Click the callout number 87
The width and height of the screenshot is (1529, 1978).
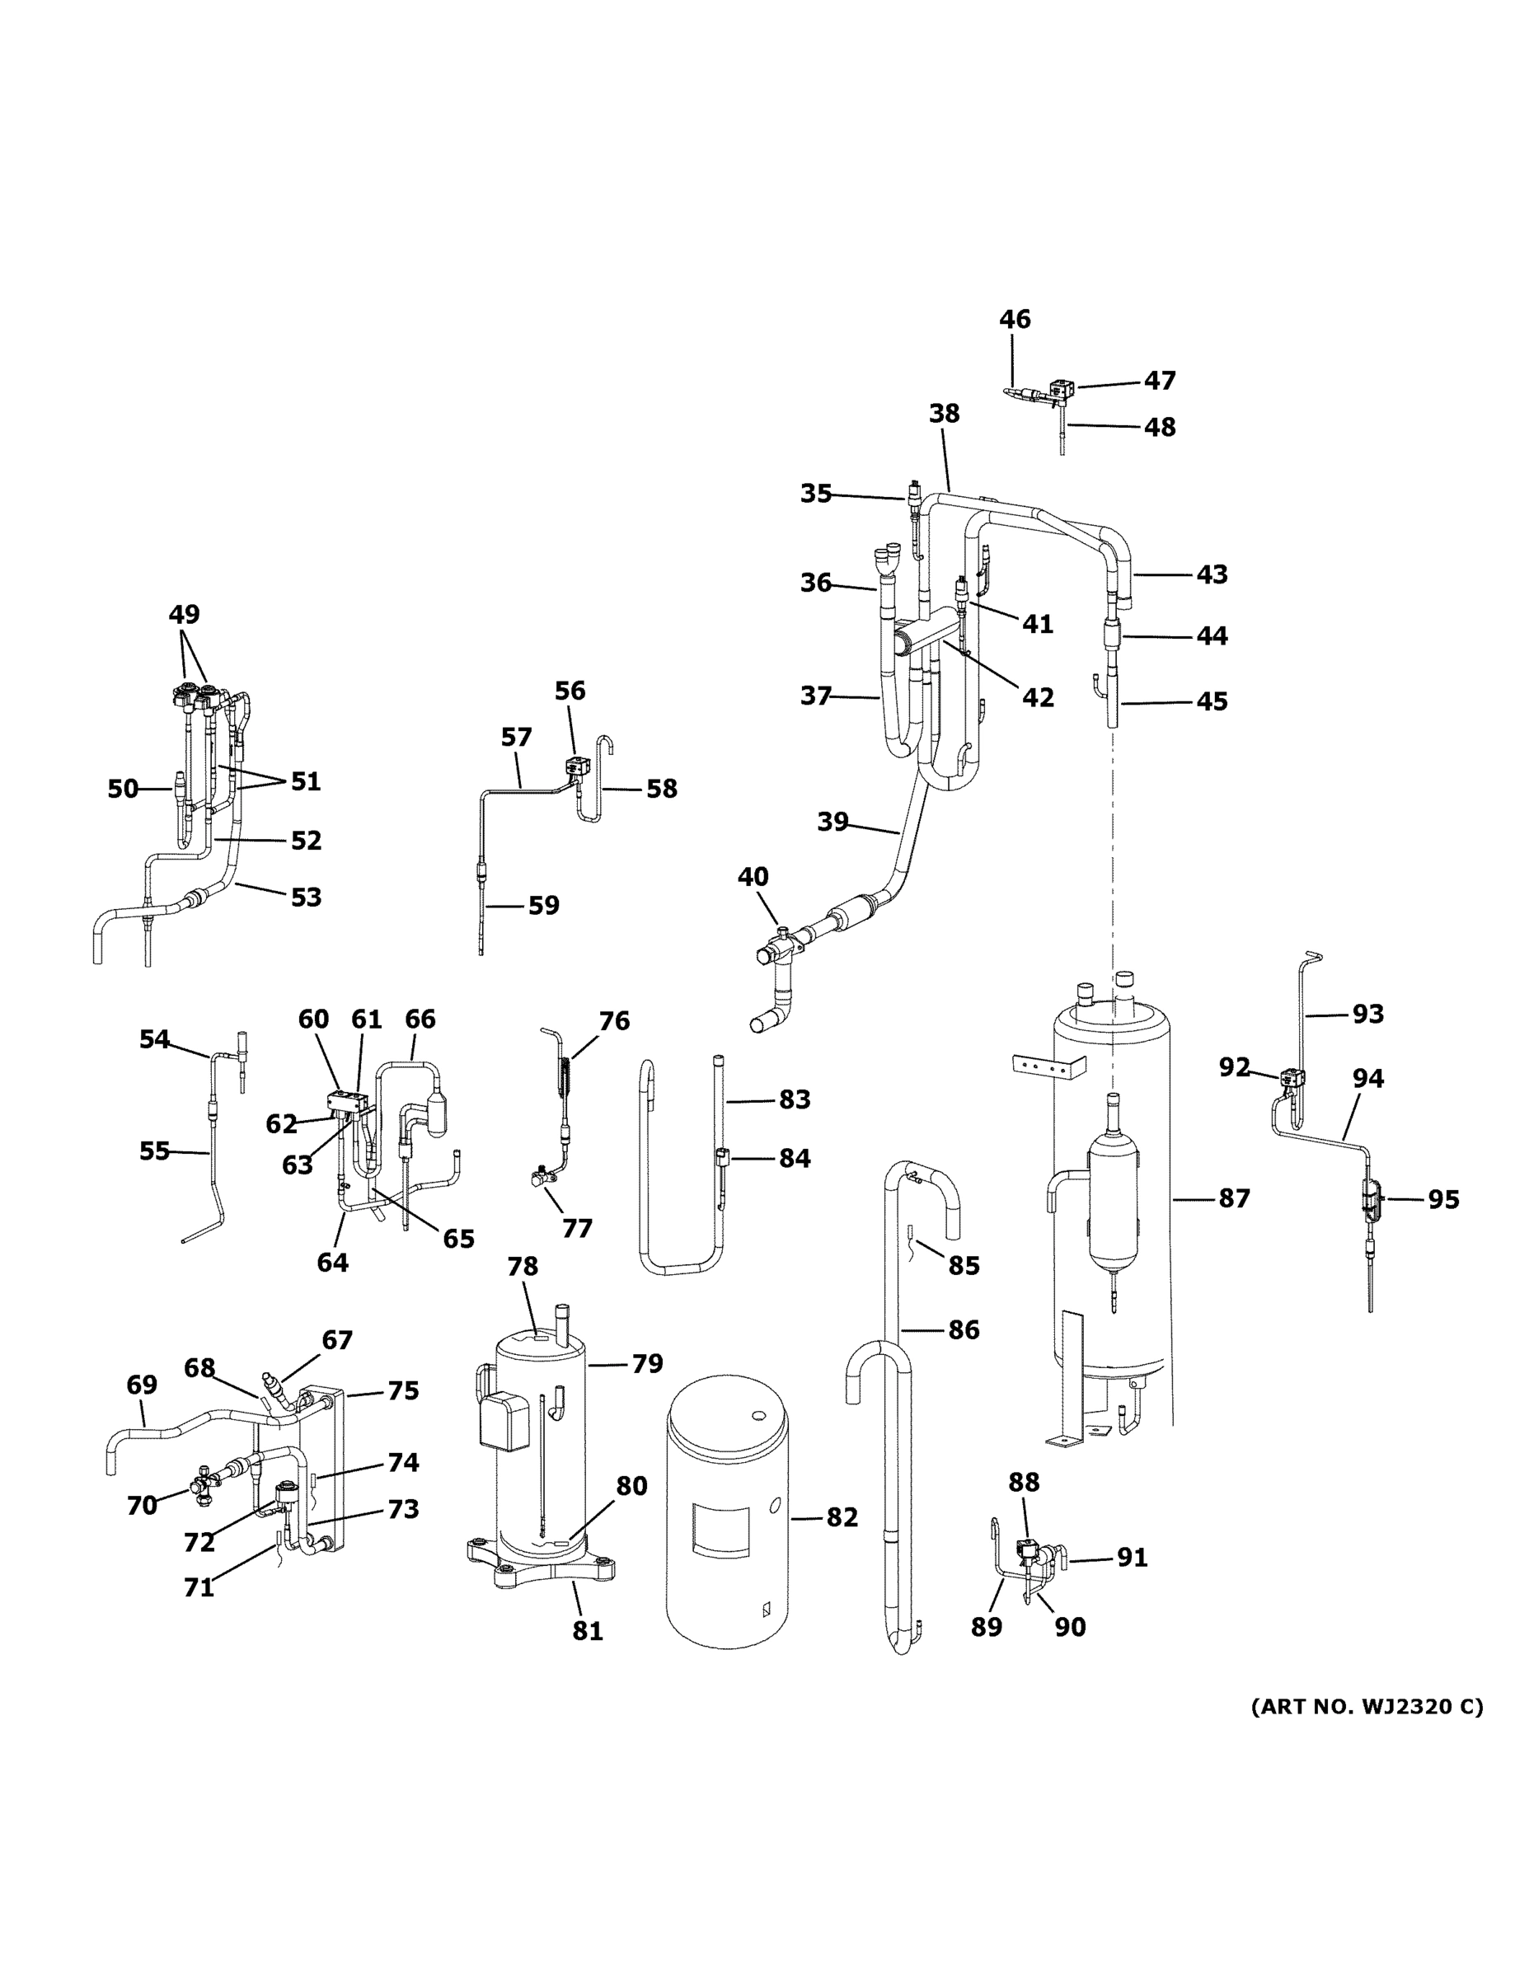click(x=1234, y=1198)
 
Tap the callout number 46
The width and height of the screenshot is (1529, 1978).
click(x=1015, y=319)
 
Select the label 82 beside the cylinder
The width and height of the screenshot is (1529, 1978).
click(x=842, y=1517)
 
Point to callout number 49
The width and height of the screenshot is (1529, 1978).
click(x=184, y=614)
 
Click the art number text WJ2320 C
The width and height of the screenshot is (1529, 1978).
click(x=1366, y=1707)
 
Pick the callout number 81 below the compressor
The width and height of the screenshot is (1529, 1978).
click(x=587, y=1630)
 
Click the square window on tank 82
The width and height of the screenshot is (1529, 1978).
click(x=721, y=1530)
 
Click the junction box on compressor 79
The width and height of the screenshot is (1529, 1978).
click(x=505, y=1421)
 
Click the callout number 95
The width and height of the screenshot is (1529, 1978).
click(x=1444, y=1199)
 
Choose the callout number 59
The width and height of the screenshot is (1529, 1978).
click(x=543, y=905)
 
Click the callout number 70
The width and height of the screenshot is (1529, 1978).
click(x=143, y=1505)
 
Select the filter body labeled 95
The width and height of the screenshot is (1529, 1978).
click(x=1371, y=1201)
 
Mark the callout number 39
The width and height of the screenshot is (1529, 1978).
click(x=833, y=822)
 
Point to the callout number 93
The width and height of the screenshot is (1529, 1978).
click(x=1367, y=1014)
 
